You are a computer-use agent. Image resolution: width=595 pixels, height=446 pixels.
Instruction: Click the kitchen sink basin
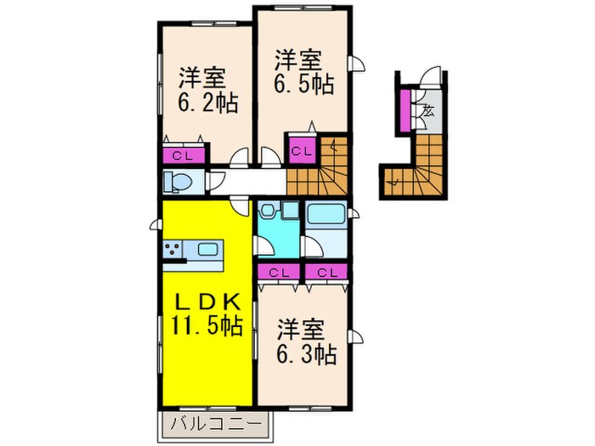pyautogui.click(x=208, y=250)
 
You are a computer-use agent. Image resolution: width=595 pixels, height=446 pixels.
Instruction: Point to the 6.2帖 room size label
pyautogui.click(x=207, y=104)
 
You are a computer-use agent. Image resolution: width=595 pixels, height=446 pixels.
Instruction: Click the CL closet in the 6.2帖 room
pyautogui.click(x=183, y=155)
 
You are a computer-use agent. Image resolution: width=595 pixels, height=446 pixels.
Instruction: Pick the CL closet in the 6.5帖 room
pyautogui.click(x=300, y=151)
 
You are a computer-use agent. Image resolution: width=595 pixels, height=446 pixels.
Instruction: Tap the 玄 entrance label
pyautogui.click(x=428, y=110)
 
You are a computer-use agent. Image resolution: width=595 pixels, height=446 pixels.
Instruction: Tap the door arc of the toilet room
pyautogui.click(x=216, y=182)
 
